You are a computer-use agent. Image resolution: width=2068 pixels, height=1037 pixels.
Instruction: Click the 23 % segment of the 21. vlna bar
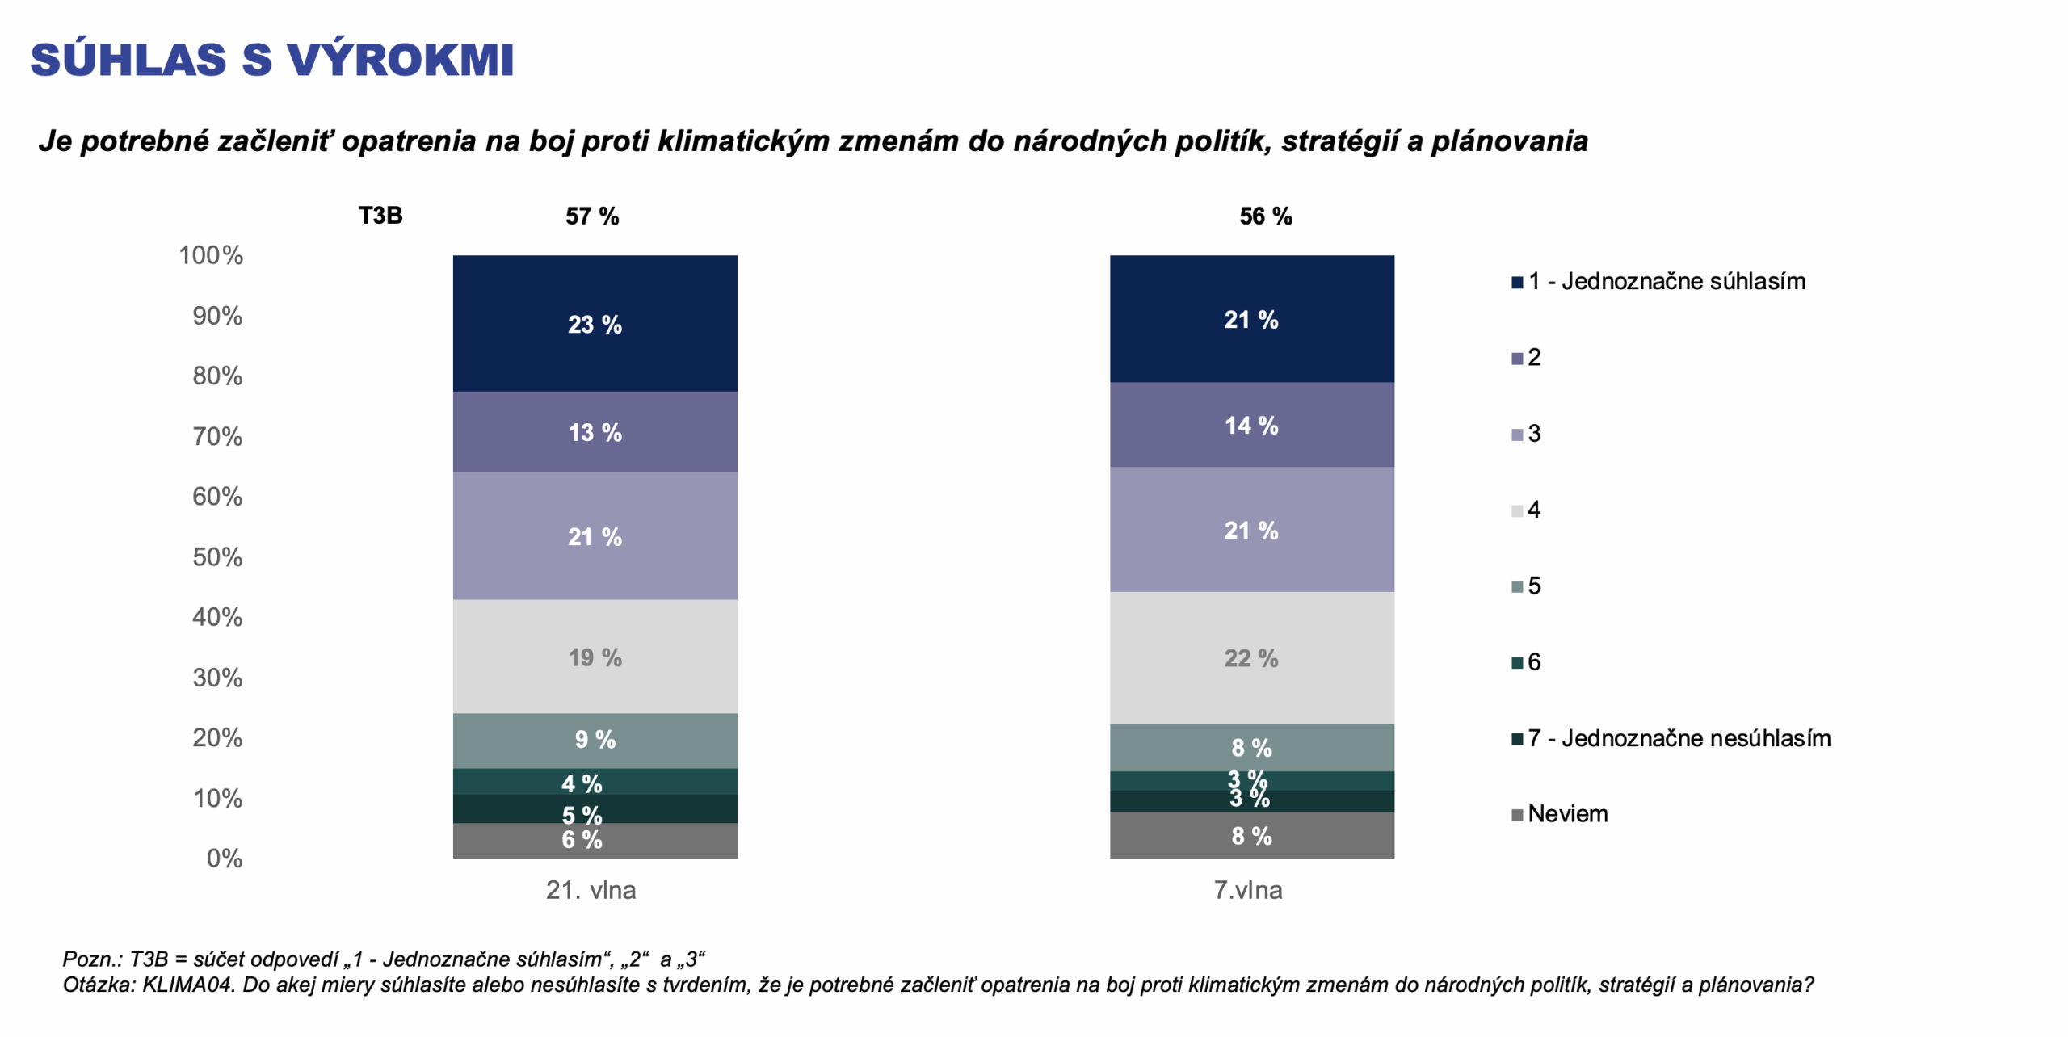pos(595,324)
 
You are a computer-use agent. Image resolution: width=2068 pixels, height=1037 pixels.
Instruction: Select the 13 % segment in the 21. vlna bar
pos(595,432)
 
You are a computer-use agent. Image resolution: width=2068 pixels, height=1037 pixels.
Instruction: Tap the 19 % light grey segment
pos(595,657)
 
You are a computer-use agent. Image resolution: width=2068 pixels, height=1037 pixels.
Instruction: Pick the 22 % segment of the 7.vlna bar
pos(1251,658)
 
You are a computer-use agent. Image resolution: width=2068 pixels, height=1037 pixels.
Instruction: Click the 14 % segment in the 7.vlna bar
pos(1251,425)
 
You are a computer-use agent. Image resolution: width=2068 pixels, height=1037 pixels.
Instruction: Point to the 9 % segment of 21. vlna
pos(595,740)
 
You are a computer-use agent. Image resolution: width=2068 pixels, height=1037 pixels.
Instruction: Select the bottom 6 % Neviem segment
pos(595,841)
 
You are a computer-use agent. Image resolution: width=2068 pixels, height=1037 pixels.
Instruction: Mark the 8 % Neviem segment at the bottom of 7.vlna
pos(1251,836)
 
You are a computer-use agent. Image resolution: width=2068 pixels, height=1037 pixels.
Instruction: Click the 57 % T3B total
pos(592,216)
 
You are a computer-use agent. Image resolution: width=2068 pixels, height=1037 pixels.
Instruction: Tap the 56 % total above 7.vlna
pos(1266,216)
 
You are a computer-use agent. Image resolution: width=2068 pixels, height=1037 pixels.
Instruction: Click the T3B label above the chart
pos(380,216)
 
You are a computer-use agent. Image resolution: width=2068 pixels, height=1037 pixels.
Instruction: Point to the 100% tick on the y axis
pos(211,255)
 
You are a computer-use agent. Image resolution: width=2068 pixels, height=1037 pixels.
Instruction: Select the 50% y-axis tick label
pos(217,557)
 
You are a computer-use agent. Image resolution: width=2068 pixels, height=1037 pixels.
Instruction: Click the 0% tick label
pos(224,858)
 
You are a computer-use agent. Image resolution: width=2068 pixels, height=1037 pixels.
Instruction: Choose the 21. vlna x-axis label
pos(591,890)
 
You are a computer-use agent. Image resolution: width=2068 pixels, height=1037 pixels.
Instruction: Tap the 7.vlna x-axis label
pos(1248,890)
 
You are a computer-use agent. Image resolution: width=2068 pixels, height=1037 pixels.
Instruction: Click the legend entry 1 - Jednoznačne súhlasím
pos(1666,281)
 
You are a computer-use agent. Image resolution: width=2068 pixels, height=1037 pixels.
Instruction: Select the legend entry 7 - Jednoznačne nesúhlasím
pos(1679,738)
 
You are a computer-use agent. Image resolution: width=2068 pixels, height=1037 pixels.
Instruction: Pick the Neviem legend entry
pos(1567,814)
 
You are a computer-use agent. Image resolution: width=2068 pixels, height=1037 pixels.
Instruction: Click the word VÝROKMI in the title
pos(401,60)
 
